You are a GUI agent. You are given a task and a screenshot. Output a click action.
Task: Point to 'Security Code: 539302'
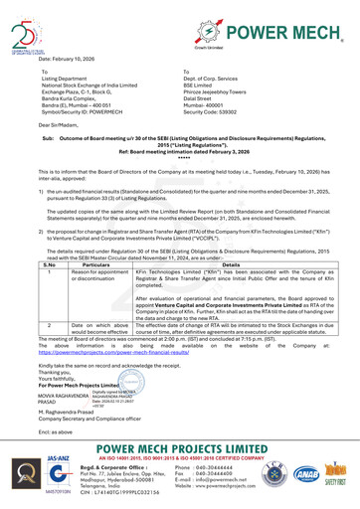point(217,112)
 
